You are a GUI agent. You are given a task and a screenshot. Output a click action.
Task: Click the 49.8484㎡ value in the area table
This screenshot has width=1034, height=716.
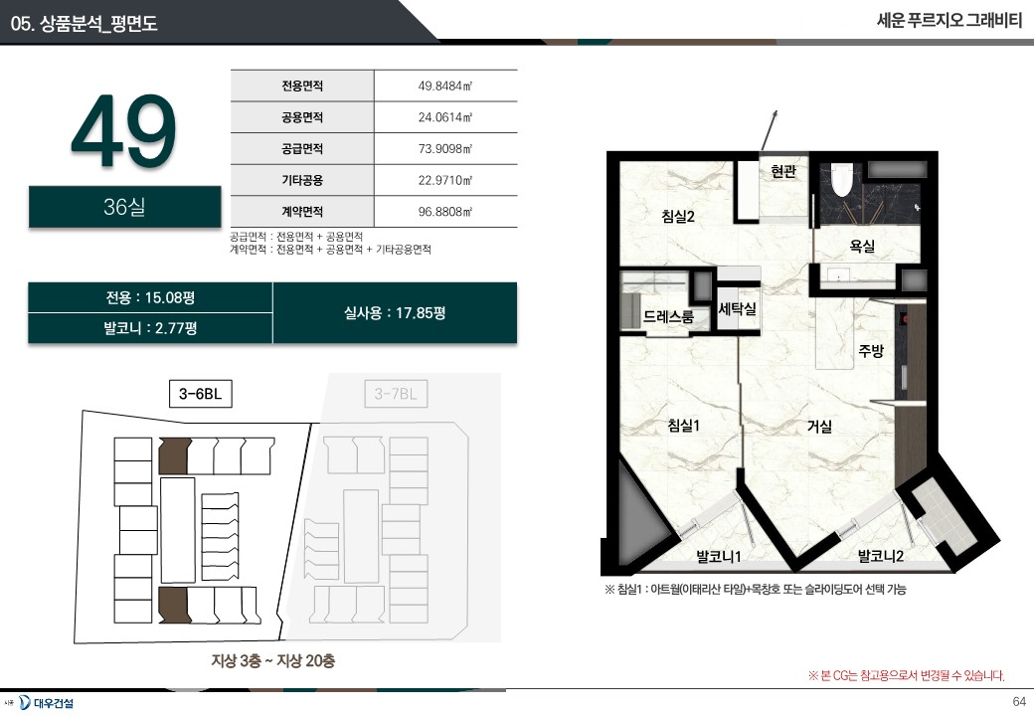445,86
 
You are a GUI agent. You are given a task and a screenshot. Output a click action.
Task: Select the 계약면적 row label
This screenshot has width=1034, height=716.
302,212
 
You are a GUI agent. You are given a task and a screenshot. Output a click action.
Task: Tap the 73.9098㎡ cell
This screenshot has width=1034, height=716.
445,149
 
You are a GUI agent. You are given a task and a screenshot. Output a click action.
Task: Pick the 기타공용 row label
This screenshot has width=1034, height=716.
302,180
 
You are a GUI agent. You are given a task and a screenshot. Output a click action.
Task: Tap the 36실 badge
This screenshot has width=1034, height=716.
124,207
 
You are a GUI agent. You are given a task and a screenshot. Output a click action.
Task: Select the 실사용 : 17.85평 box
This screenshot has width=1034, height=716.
395,312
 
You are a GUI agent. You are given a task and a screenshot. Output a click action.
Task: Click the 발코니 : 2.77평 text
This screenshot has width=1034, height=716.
150,328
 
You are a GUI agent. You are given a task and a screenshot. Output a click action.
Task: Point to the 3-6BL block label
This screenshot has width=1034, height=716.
201,394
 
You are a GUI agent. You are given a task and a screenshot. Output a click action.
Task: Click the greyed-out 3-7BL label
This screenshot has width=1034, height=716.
396,394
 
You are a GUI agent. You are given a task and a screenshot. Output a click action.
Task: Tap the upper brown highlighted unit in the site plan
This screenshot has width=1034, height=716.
174,455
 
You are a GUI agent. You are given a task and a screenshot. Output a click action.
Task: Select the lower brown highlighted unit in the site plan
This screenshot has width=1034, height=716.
174,605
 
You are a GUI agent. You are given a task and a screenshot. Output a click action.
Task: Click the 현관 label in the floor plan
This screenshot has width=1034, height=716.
783,171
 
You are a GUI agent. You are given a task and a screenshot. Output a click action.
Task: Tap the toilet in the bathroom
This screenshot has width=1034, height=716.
841,180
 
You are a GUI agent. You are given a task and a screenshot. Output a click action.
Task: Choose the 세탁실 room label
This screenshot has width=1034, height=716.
738,308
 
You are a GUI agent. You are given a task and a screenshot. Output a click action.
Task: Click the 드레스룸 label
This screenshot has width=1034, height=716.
669,316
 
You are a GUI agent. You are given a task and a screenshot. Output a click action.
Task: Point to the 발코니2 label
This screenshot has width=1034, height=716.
880,556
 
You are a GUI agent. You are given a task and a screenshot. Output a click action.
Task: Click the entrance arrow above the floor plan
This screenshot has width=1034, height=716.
770,130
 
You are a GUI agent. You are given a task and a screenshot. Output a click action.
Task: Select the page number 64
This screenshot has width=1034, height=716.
1019,701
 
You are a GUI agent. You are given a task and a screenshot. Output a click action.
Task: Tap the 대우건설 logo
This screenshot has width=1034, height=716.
46,703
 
